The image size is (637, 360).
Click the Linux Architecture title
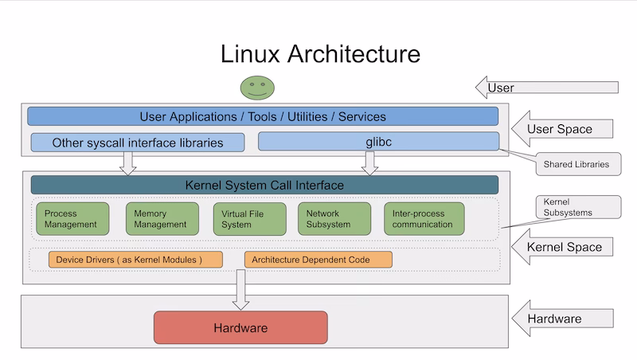[320, 53]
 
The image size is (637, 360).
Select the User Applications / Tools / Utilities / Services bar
[263, 116]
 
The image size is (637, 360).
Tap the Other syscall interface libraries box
[138, 143]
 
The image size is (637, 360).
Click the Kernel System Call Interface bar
[264, 185]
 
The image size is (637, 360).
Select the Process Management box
[72, 219]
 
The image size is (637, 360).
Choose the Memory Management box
[162, 219]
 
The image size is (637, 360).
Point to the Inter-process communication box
[424, 219]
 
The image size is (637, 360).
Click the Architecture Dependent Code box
[318, 260]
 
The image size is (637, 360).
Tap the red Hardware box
[240, 327]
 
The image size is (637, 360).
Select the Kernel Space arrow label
[564, 247]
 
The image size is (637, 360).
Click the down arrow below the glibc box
[369, 162]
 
